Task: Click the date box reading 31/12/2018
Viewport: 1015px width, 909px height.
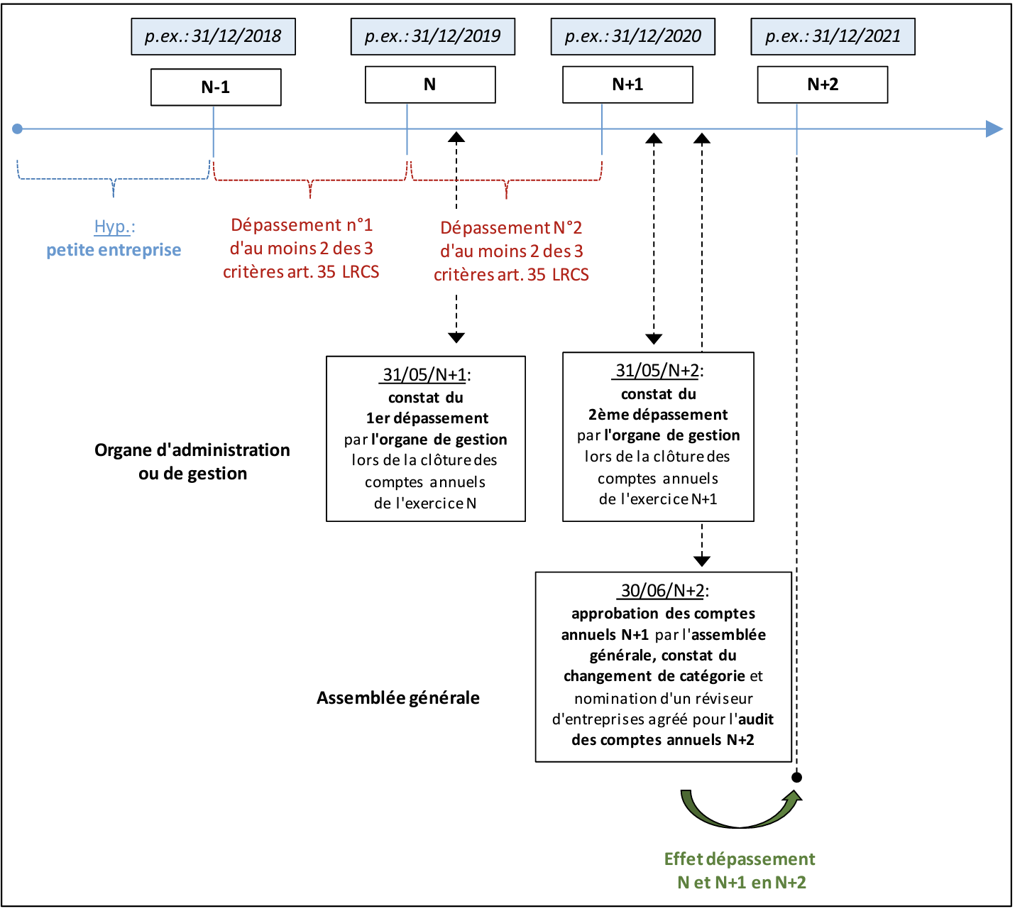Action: click(213, 37)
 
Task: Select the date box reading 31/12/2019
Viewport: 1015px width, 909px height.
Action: click(432, 37)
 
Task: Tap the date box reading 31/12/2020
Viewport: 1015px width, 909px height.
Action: click(632, 37)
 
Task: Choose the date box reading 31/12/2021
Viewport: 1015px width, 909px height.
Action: click(833, 37)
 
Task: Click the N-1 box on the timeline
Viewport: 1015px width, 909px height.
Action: click(216, 87)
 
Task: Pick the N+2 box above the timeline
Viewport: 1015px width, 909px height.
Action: click(822, 85)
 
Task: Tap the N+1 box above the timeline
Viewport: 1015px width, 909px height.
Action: click(627, 85)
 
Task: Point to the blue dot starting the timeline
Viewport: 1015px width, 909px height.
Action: click(18, 129)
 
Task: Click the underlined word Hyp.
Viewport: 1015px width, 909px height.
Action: click(113, 227)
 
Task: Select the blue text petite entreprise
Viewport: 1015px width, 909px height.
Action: click(114, 250)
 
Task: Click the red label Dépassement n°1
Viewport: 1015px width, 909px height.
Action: click(302, 225)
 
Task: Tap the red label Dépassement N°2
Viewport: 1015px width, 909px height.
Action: click(511, 228)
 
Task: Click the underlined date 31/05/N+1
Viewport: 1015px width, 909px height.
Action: click(424, 374)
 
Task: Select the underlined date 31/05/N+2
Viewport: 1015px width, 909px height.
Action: click(657, 370)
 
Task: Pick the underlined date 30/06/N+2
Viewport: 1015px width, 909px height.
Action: click(663, 590)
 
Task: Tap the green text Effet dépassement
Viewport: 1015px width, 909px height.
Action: click(740, 859)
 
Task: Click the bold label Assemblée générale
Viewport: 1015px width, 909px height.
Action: click(397, 698)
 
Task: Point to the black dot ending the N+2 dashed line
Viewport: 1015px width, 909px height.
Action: click(796, 778)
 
